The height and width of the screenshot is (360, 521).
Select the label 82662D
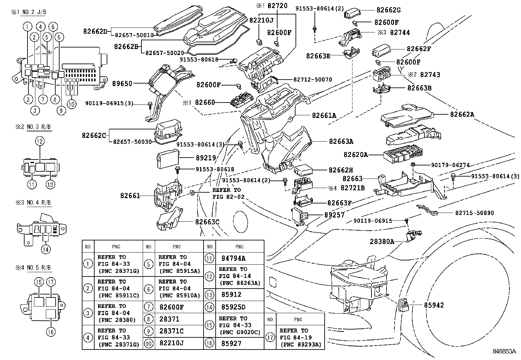(95, 31)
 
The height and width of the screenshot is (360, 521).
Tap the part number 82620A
(355, 154)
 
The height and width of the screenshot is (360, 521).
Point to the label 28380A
(382, 242)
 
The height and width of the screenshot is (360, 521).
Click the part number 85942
(434, 305)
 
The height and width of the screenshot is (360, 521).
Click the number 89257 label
(334, 215)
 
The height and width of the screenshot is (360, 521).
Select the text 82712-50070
(313, 80)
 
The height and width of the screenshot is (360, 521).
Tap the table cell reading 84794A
(233, 258)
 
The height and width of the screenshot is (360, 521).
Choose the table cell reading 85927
(231, 343)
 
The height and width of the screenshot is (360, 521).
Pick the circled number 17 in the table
(270, 337)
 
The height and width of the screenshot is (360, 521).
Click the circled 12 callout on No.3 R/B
(40, 142)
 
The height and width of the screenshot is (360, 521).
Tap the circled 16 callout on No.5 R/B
(51, 332)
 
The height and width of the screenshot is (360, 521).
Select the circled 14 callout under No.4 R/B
(46, 249)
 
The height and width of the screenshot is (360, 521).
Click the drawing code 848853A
(504, 351)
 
